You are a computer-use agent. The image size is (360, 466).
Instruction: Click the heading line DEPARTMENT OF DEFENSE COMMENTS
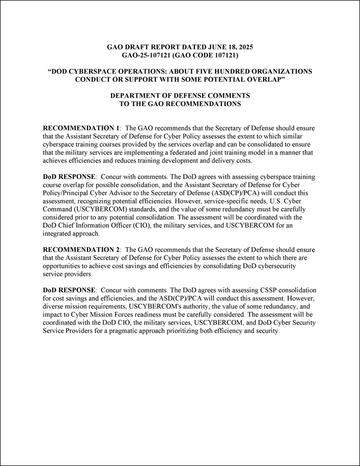(x=180, y=96)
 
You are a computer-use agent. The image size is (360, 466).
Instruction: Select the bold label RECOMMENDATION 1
(x=81, y=128)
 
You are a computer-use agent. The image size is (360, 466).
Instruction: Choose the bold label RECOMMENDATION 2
(x=81, y=250)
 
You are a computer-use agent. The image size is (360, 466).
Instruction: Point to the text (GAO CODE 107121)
(x=206, y=54)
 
